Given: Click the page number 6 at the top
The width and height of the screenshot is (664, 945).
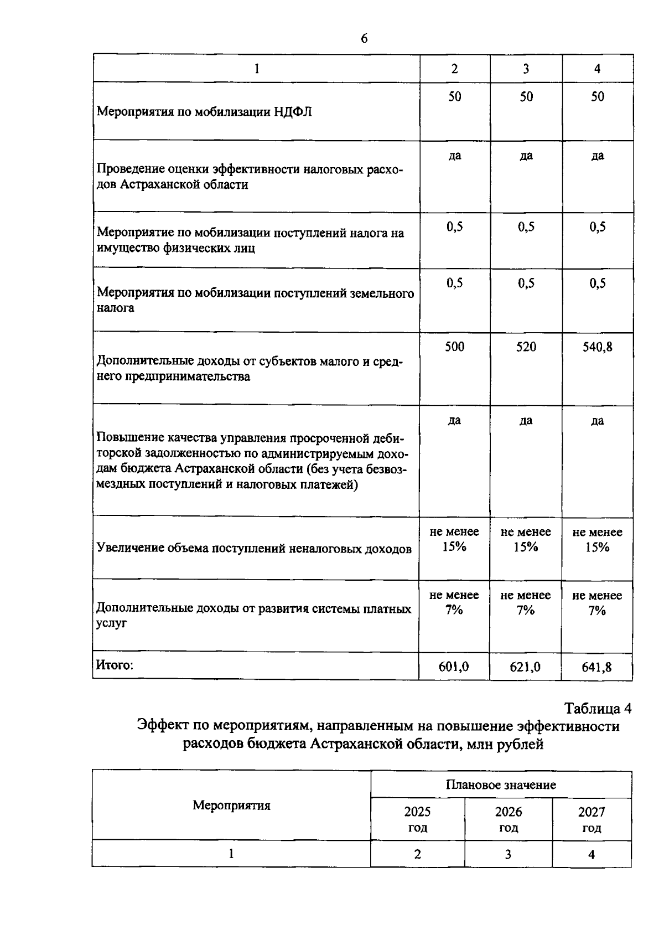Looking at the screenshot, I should [364, 38].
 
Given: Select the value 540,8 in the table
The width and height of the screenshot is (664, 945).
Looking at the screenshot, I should [597, 347].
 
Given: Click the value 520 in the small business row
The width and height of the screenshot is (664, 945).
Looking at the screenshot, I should [526, 347].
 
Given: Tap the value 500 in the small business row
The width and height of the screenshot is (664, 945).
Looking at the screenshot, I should [454, 347].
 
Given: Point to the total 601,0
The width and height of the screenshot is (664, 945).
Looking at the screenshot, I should [454, 667].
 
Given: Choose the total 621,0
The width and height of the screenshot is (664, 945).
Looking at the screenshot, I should [525, 667].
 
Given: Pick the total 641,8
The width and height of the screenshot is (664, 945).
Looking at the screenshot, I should [596, 667].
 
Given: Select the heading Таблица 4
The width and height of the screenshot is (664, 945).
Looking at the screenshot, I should [598, 708].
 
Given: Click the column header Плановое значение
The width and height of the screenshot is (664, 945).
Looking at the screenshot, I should [501, 784].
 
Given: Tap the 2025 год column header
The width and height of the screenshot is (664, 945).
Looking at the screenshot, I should [417, 819].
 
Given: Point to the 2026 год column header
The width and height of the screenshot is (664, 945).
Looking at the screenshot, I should [508, 819].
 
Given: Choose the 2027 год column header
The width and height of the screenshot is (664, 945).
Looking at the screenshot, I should [592, 819].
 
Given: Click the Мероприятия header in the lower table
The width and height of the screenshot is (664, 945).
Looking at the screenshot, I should [231, 805].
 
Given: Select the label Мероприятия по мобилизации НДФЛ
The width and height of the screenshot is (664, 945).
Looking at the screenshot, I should [204, 112].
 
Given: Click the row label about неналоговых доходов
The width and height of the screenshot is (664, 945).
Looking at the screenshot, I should [254, 548].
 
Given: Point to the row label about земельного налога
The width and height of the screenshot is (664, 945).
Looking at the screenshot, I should [255, 300].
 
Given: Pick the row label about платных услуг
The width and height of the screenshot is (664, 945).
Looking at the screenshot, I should [254, 615].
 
